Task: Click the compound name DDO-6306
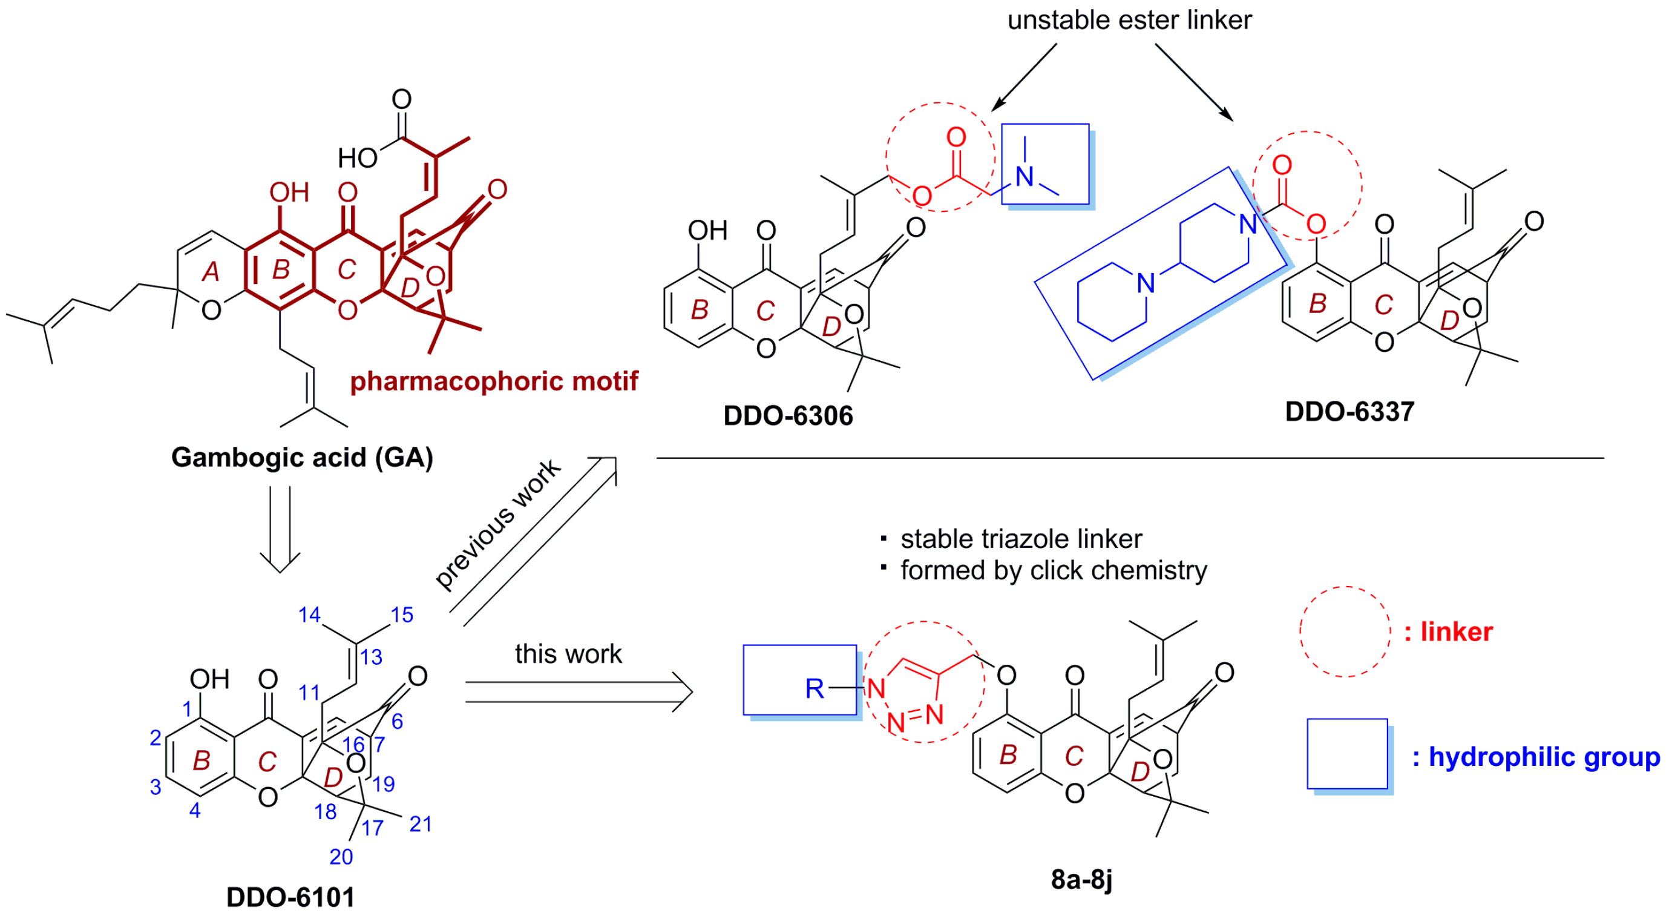[x=788, y=416]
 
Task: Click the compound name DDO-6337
[x=1349, y=412]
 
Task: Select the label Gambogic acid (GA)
[x=302, y=458]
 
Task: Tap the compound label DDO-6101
[x=290, y=898]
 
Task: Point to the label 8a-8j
[x=1081, y=880]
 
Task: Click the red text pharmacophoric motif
[x=494, y=381]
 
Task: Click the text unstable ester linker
[x=1129, y=20]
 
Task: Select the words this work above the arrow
[x=568, y=654]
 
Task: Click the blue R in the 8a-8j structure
[x=814, y=689]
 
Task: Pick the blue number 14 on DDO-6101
[x=309, y=615]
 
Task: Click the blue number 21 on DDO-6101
[x=421, y=825]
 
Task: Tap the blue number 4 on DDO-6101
[x=195, y=811]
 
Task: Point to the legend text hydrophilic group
[x=1544, y=757]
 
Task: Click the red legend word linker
[x=1456, y=632]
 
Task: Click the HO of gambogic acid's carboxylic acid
[x=358, y=158]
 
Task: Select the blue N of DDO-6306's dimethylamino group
[x=1025, y=177]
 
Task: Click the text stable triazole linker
[x=1020, y=539]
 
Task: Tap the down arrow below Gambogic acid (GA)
[x=280, y=529]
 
